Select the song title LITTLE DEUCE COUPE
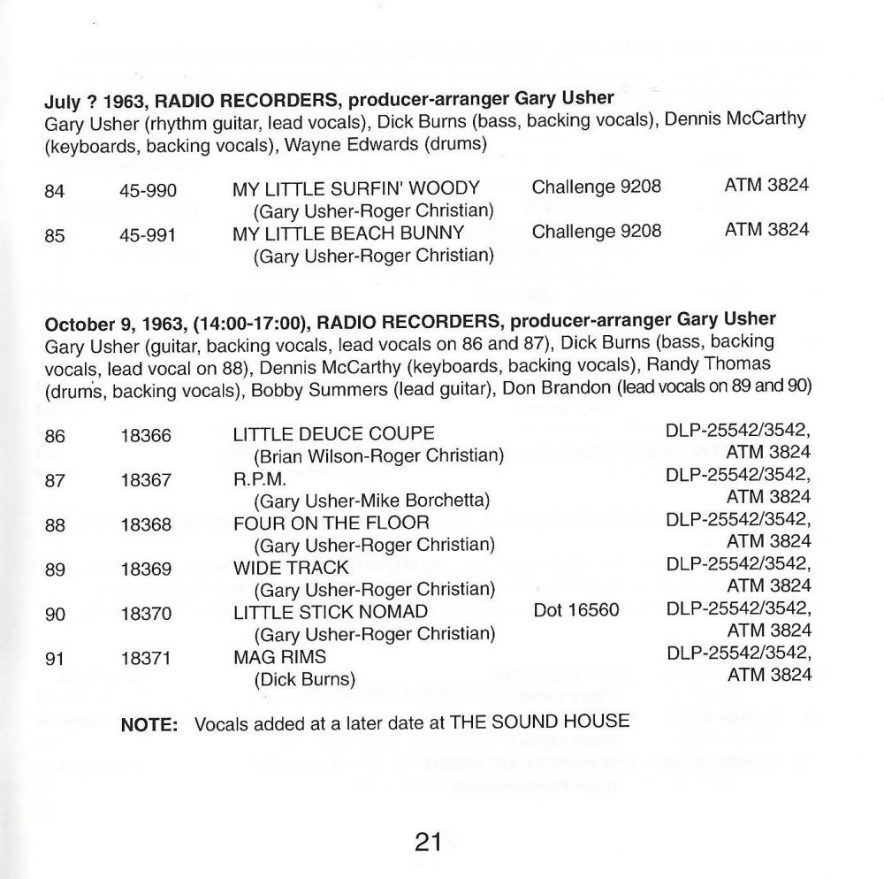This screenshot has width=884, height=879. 333,433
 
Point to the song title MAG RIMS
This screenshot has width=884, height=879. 279,656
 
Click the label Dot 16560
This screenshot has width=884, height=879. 575,611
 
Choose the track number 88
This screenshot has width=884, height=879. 55,524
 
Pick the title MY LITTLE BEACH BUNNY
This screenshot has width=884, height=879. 348,233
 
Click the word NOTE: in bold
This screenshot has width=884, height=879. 149,723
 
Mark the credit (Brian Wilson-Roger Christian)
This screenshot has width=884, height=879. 378,456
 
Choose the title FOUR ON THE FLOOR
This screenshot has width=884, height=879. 331,523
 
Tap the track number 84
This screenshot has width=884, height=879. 55,187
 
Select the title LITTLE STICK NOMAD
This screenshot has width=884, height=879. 330,612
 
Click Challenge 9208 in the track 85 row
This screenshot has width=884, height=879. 597,232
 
